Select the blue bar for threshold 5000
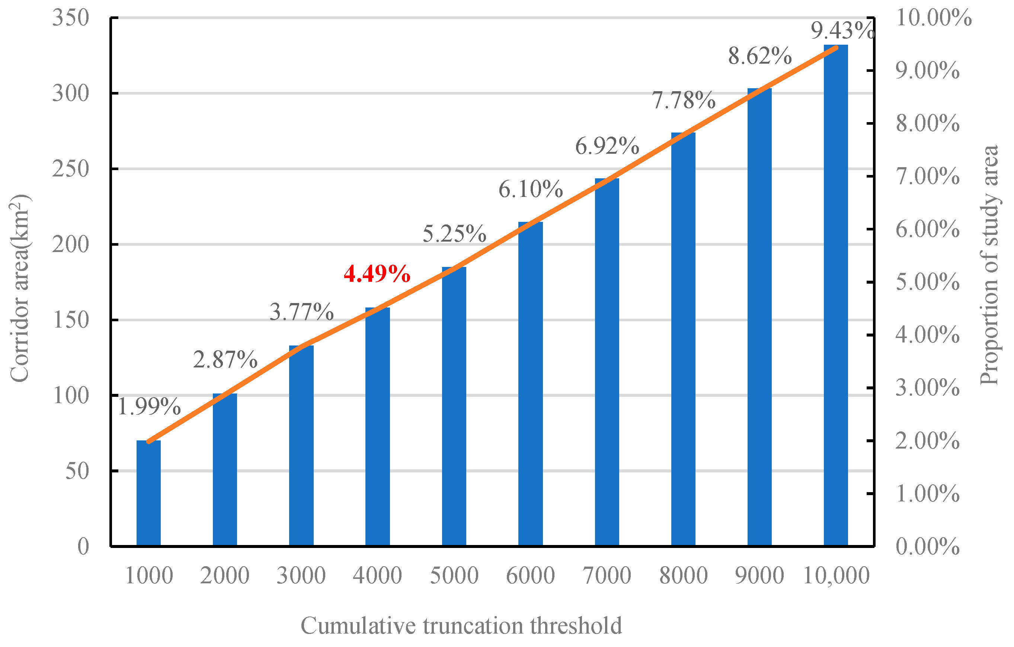[454, 407]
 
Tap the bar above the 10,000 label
[835, 295]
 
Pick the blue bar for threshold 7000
[607, 362]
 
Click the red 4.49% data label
[377, 274]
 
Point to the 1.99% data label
[148, 407]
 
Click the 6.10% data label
[531, 189]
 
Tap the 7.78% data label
[684, 101]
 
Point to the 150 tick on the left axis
[71, 320]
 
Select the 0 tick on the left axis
[83, 547]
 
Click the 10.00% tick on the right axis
[933, 18]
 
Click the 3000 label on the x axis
[301, 576]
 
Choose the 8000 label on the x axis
[684, 576]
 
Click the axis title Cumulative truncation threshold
[461, 625]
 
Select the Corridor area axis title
[20, 289]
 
